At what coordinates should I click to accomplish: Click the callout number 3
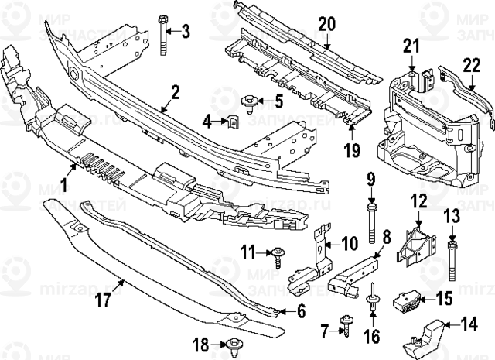click(x=186, y=30)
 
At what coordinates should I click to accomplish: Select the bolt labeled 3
click(x=164, y=35)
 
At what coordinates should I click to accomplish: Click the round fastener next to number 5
click(x=251, y=100)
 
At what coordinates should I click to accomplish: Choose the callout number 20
click(x=326, y=24)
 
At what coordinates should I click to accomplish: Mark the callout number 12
click(x=418, y=201)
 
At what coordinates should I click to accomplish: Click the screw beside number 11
click(x=278, y=252)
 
